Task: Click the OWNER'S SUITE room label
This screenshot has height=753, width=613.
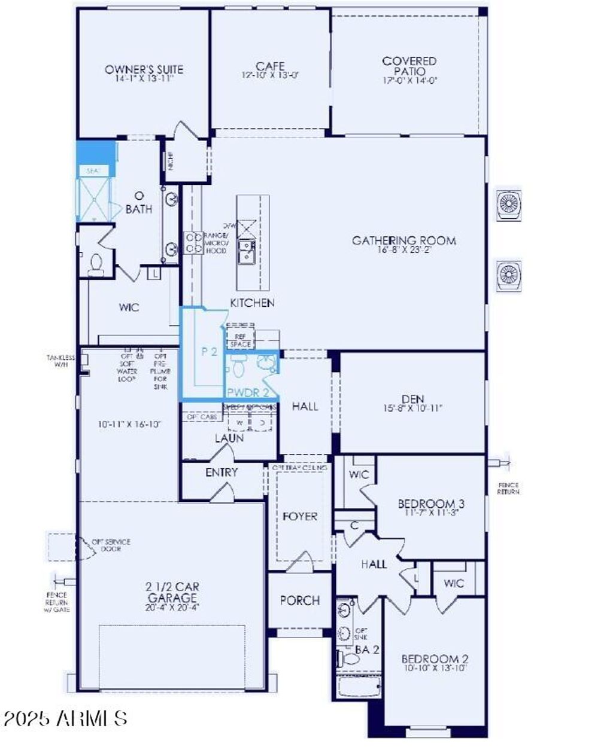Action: tap(144, 69)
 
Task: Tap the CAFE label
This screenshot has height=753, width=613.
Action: tap(270, 66)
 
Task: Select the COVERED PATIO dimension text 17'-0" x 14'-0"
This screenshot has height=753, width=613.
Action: tap(409, 80)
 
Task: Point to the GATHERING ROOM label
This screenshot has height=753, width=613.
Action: tap(403, 240)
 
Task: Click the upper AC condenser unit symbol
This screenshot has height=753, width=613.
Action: tap(509, 205)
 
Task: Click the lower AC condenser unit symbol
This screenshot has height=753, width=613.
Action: tap(509, 275)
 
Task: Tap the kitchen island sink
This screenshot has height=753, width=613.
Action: tap(245, 251)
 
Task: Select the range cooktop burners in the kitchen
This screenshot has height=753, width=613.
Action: tap(194, 243)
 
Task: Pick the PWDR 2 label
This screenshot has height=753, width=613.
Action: tap(252, 392)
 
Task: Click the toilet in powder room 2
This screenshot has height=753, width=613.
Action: tap(238, 366)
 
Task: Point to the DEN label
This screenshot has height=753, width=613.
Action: tap(413, 399)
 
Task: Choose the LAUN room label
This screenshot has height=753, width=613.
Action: tap(229, 438)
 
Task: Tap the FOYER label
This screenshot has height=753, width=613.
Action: tap(300, 516)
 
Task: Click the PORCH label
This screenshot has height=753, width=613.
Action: tap(300, 600)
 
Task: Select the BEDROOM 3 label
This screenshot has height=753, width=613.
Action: tap(431, 504)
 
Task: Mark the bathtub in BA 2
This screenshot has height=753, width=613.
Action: tap(359, 687)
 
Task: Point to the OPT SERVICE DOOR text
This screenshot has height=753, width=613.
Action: tap(111, 545)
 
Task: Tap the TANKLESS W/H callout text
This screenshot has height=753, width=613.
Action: tap(61, 361)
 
